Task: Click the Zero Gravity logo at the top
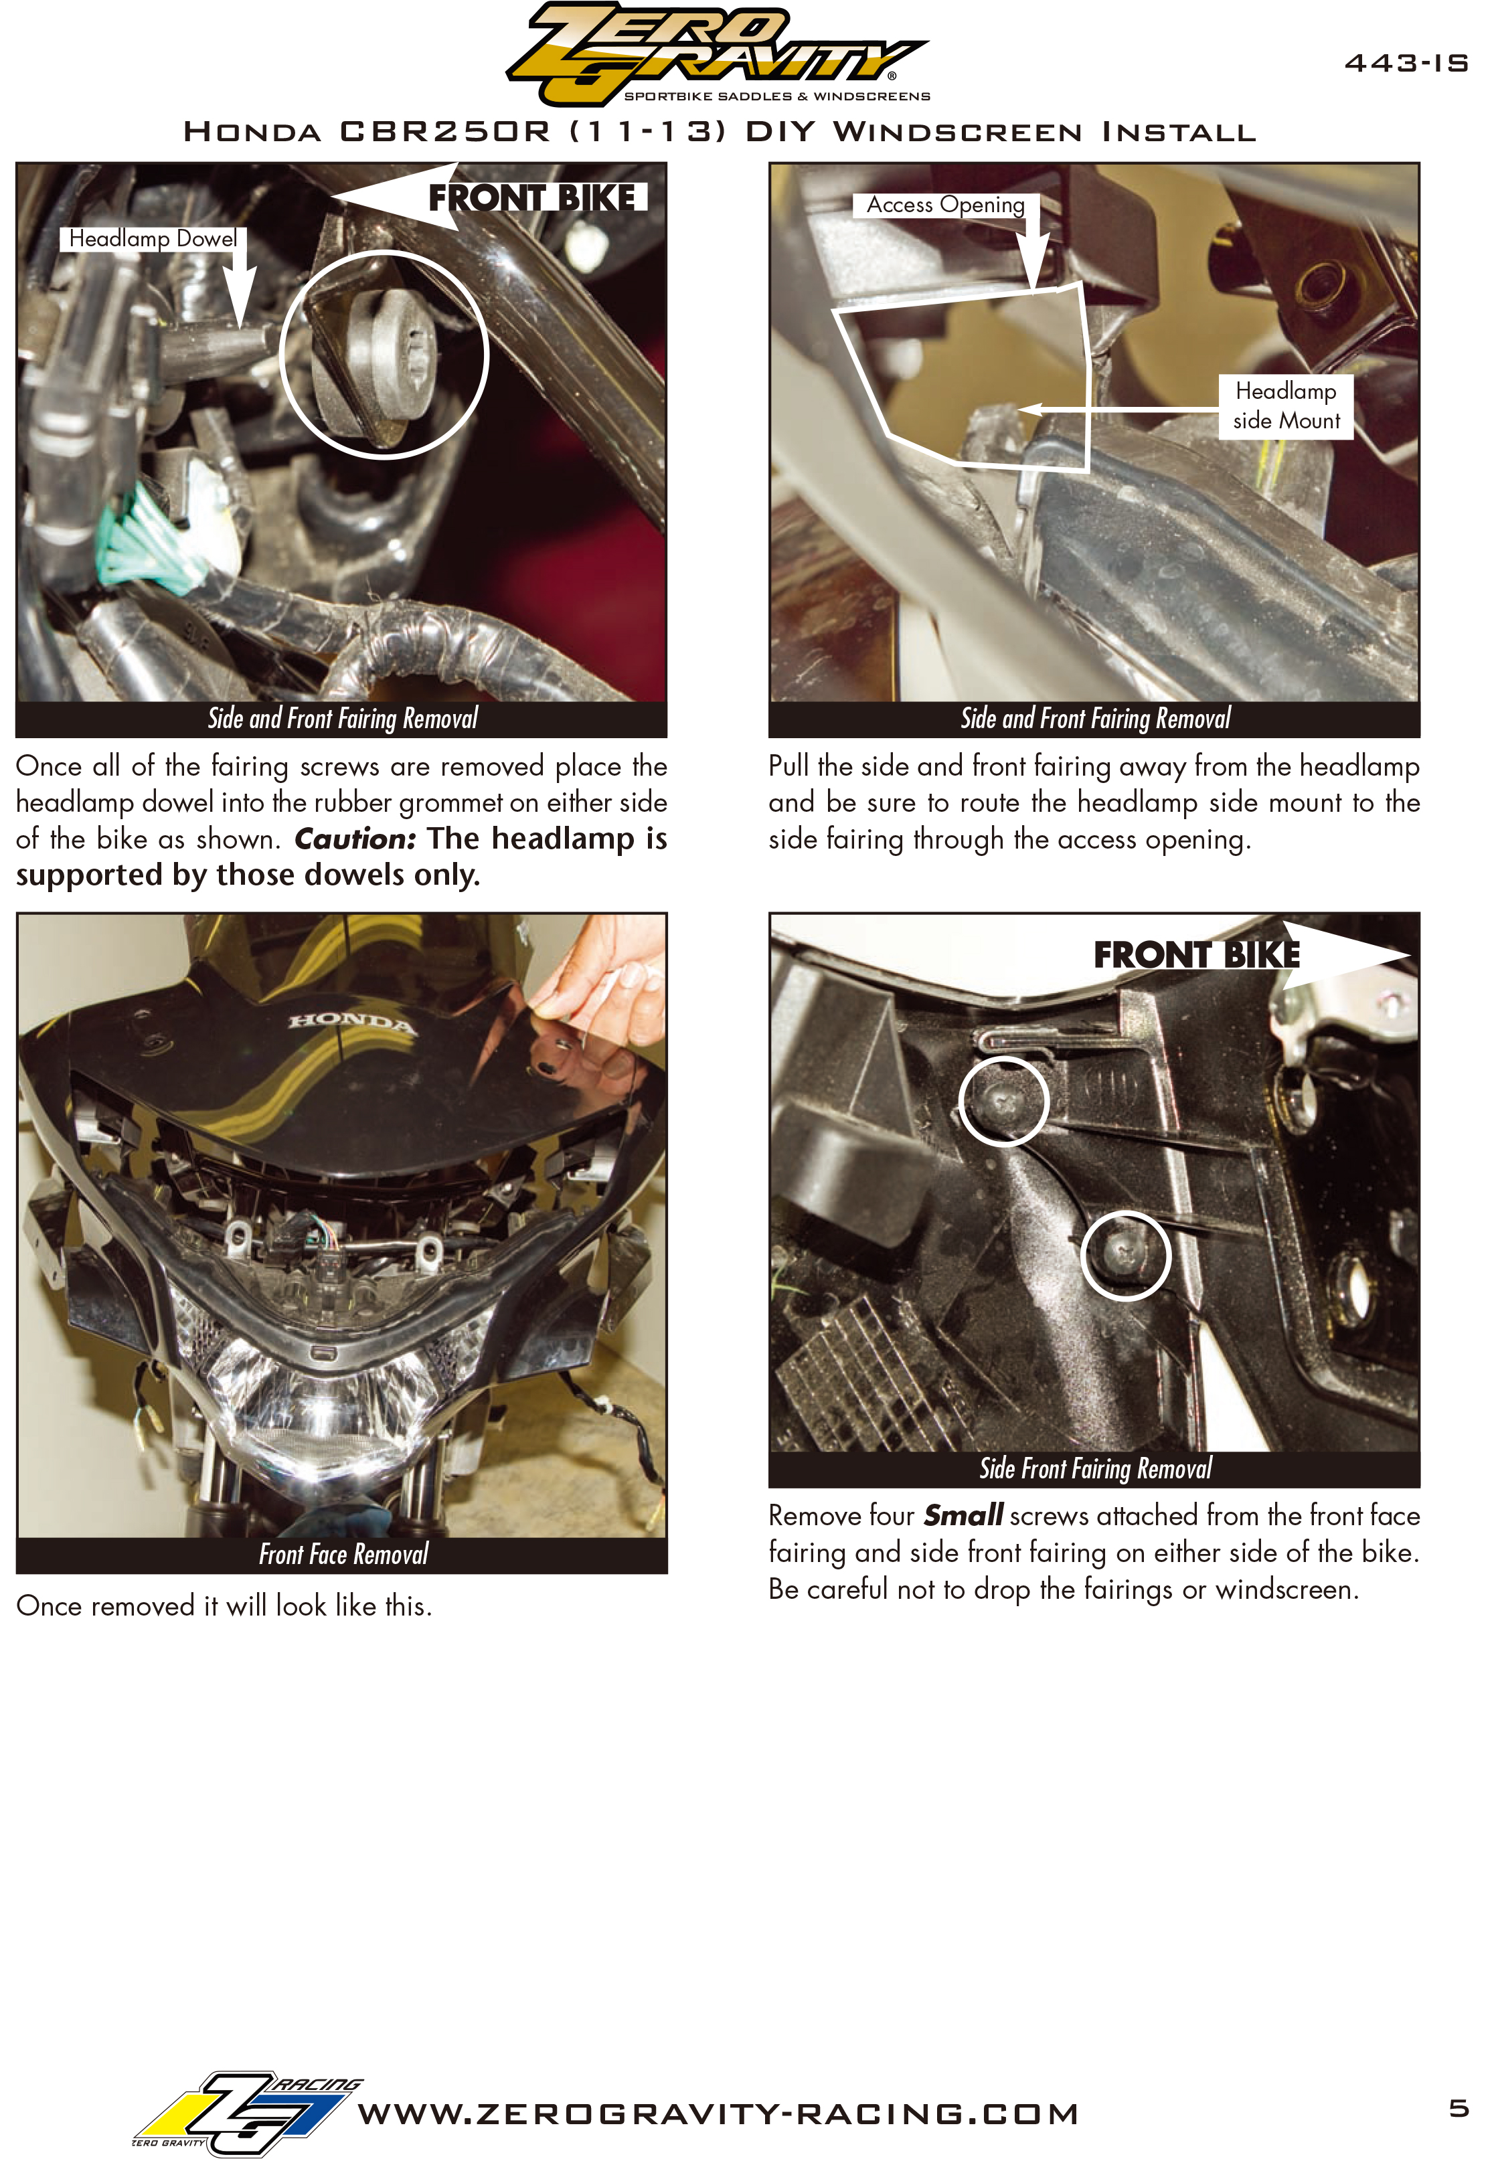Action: click(717, 54)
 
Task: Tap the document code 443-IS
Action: click(1406, 63)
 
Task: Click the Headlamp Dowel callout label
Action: click(153, 239)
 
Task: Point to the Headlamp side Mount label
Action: click(1286, 406)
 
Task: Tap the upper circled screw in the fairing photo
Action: click(1003, 1100)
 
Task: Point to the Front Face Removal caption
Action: click(343, 1555)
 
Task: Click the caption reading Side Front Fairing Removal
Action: click(1095, 1468)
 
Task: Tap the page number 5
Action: click(1459, 2109)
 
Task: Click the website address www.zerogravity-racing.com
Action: click(718, 2114)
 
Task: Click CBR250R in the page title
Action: click(445, 131)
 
